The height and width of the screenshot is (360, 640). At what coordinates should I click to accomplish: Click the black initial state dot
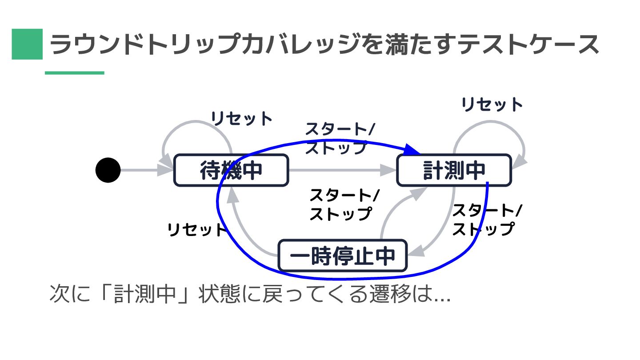point(108,170)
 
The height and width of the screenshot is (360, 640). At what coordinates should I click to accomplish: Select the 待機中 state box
point(231,170)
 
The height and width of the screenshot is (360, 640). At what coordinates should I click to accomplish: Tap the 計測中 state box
point(454,170)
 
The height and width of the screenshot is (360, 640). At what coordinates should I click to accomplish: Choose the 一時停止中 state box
point(342,256)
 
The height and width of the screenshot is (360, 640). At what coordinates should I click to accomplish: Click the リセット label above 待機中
point(241,119)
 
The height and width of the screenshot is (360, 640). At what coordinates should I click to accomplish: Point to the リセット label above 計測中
point(492,105)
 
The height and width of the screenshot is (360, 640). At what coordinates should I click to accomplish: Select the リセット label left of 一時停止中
point(197,230)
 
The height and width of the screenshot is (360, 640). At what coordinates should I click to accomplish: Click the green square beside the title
point(27,44)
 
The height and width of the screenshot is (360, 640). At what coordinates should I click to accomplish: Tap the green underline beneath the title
point(74,72)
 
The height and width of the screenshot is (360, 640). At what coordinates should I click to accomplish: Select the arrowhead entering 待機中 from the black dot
point(166,170)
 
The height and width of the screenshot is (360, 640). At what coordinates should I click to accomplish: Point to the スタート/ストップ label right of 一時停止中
point(487,220)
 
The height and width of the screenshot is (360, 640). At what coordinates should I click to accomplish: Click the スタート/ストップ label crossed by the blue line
point(340,139)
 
